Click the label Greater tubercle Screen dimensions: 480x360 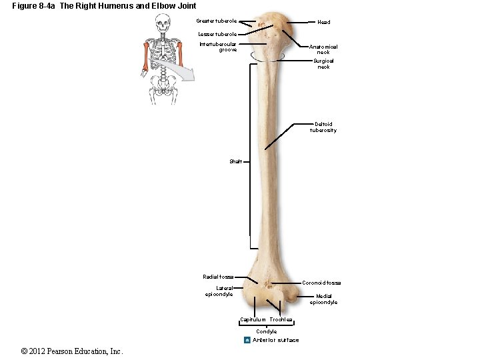pyautogui.click(x=216, y=21)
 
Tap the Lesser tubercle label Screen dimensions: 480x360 pyautogui.click(x=217, y=34)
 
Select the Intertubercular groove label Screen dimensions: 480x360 pyautogui.click(x=218, y=47)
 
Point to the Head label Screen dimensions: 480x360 pyautogui.click(x=323, y=22)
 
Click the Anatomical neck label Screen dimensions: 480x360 pyautogui.click(x=323, y=49)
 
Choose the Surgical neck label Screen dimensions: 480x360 pyautogui.click(x=323, y=64)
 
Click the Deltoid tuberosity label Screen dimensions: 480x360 pyautogui.click(x=323, y=127)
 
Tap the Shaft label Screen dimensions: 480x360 pyautogui.click(x=235, y=161)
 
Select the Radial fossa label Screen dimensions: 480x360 pyautogui.click(x=218, y=277)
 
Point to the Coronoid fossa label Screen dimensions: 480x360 pyautogui.click(x=321, y=283)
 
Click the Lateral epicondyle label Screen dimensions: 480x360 pyautogui.click(x=219, y=291)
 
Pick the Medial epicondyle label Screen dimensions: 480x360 pyautogui.click(x=323, y=299)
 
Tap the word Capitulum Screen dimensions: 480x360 pyautogui.click(x=253, y=320)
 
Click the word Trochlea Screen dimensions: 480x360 pyautogui.click(x=281, y=320)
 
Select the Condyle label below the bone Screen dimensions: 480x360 pyautogui.click(x=267, y=331)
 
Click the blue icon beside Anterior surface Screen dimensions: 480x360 pyautogui.click(x=247, y=340)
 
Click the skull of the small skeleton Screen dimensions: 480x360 pyautogui.click(x=163, y=25)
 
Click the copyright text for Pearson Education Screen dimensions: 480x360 pyautogui.click(x=72, y=351)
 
